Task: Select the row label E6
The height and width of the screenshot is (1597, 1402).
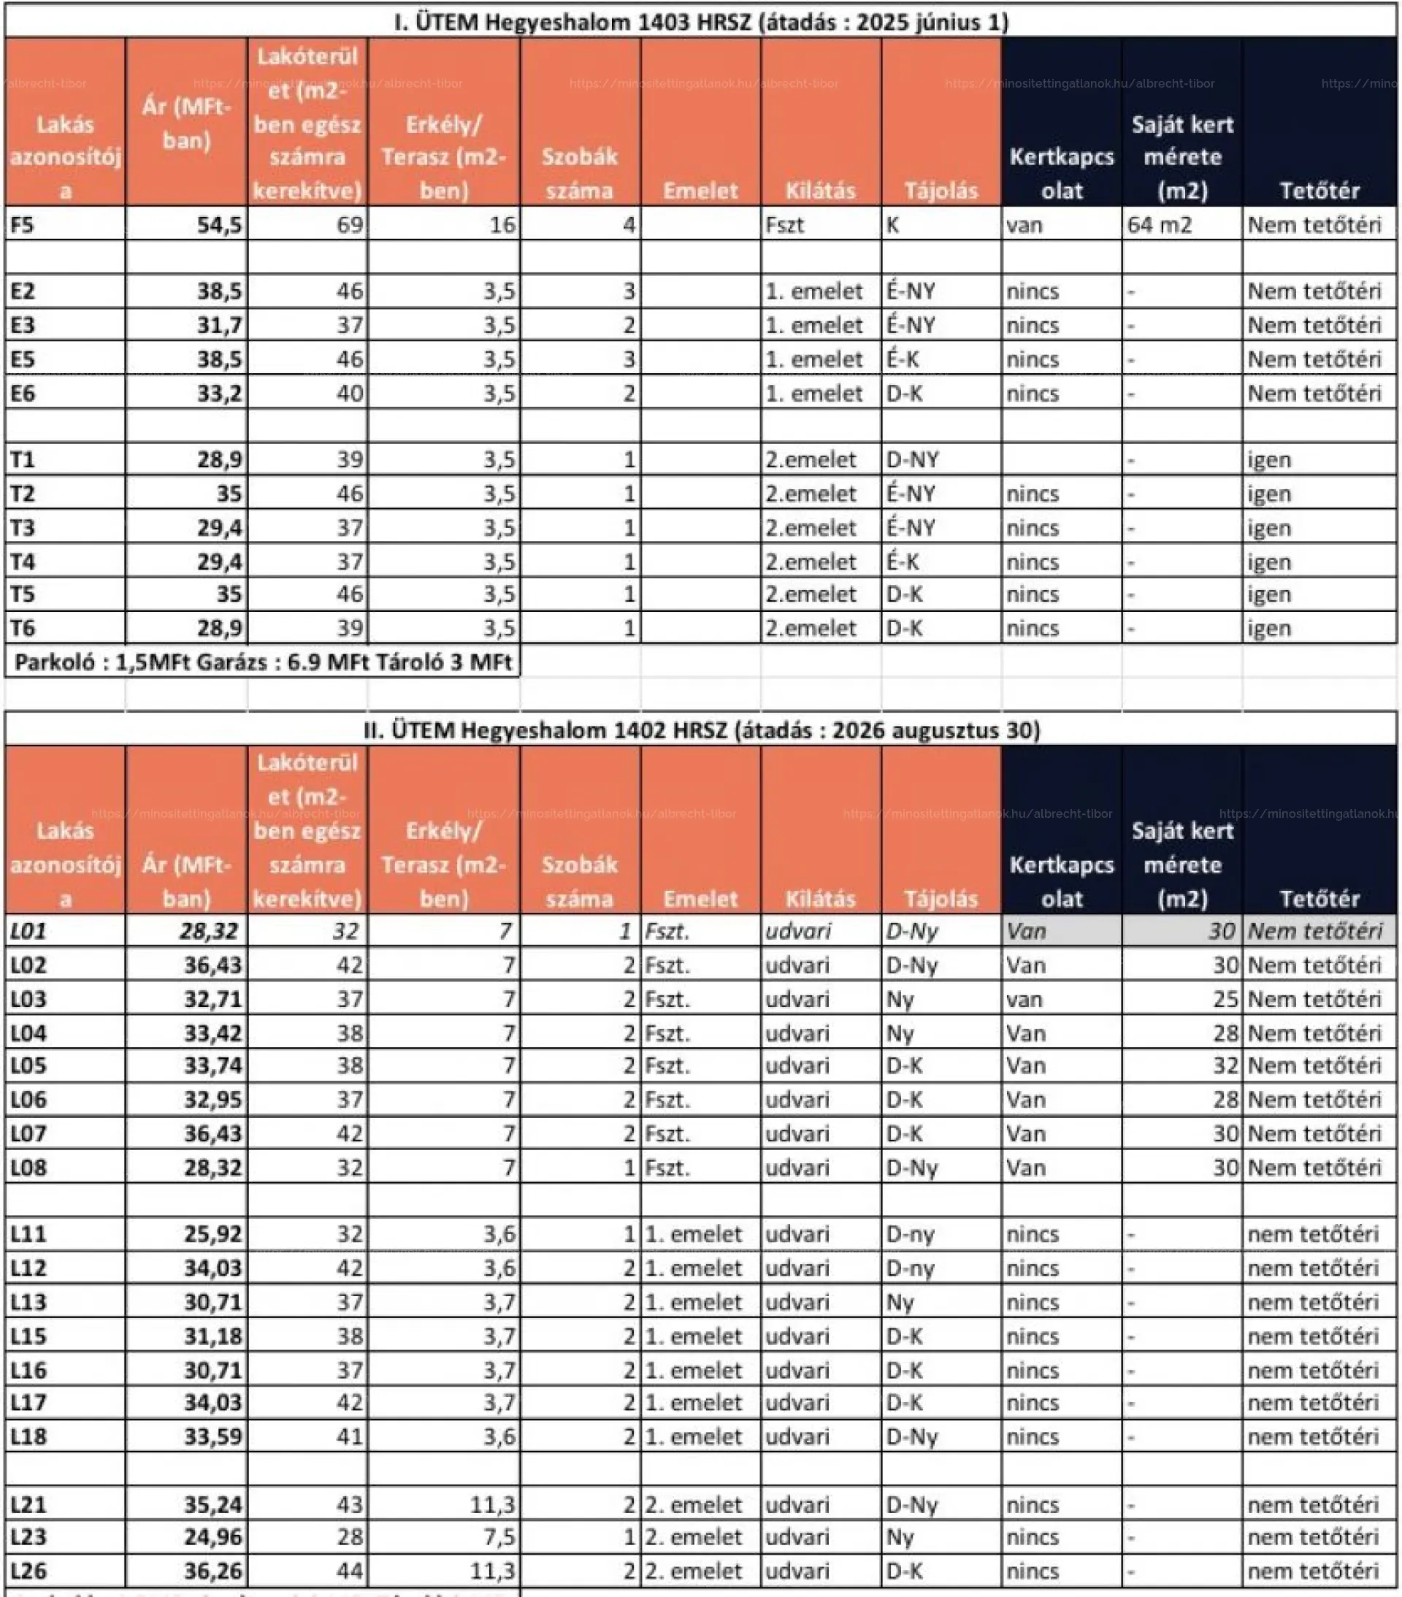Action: pos(23,393)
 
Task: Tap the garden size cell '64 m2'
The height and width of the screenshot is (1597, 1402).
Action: pos(1159,225)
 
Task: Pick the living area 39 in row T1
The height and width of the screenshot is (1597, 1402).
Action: pos(349,459)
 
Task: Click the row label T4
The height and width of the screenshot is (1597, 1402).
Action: pos(23,562)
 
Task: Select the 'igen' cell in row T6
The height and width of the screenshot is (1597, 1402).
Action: pos(1268,628)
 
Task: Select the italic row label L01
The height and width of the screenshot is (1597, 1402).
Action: pos(28,930)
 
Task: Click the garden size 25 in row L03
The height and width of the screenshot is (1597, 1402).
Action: pos(1225,998)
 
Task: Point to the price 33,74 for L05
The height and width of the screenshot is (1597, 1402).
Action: pos(212,1065)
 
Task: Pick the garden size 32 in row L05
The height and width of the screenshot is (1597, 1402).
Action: pos(1225,1065)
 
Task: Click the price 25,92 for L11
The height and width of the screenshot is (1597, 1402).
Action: pos(212,1233)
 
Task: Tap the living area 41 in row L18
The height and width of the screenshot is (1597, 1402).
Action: pos(349,1436)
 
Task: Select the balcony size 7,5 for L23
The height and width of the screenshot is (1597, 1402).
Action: pos(499,1537)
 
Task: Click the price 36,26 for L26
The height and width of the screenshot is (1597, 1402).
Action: pos(212,1571)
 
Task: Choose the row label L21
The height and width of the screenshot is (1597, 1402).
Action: pos(28,1504)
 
